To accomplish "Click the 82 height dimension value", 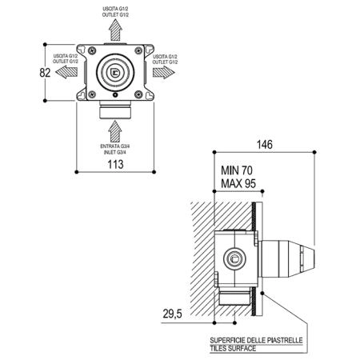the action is (x=45, y=73).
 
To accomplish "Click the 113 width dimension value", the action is (x=115, y=164).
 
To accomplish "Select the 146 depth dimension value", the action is (x=265, y=145).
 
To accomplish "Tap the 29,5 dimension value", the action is (x=172, y=314).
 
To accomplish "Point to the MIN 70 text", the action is (x=237, y=170).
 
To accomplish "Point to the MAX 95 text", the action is (x=238, y=183).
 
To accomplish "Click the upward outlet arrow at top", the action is (x=115, y=30).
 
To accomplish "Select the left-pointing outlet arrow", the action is (x=66, y=72).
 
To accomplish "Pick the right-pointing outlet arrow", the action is (x=164, y=72).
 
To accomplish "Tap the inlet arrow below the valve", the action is (x=115, y=131).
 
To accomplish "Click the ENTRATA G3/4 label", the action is (x=115, y=146).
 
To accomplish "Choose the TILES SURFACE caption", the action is (x=233, y=348).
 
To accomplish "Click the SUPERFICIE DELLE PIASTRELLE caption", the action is (x=256, y=340).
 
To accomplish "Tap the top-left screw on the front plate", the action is (x=92, y=50).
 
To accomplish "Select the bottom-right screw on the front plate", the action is (x=138, y=94).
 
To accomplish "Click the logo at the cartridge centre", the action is (x=115, y=72).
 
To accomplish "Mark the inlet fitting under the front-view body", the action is (x=115, y=110).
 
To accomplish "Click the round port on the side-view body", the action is (x=234, y=258).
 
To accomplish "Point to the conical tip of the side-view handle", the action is (x=307, y=258).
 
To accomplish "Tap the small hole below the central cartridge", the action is (x=115, y=94).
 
